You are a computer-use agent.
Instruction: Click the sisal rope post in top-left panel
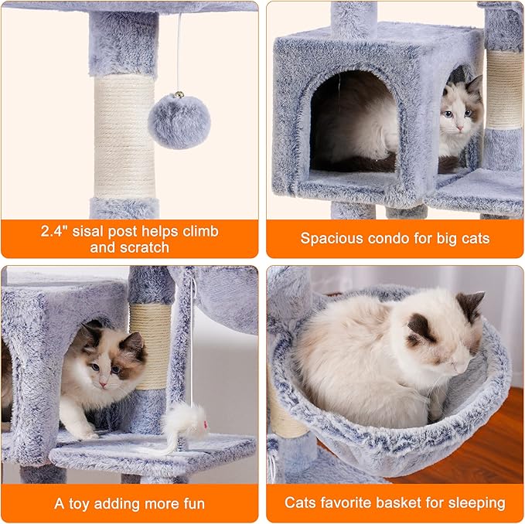(x=124, y=136)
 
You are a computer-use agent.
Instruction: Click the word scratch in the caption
(x=144, y=248)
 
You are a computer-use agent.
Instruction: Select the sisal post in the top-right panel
(x=503, y=89)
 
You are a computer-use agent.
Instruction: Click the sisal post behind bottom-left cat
(x=152, y=340)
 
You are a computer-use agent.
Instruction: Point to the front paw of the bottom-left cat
(x=85, y=434)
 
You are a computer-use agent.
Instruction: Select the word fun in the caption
(x=190, y=503)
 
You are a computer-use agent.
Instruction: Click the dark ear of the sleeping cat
(x=470, y=305)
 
